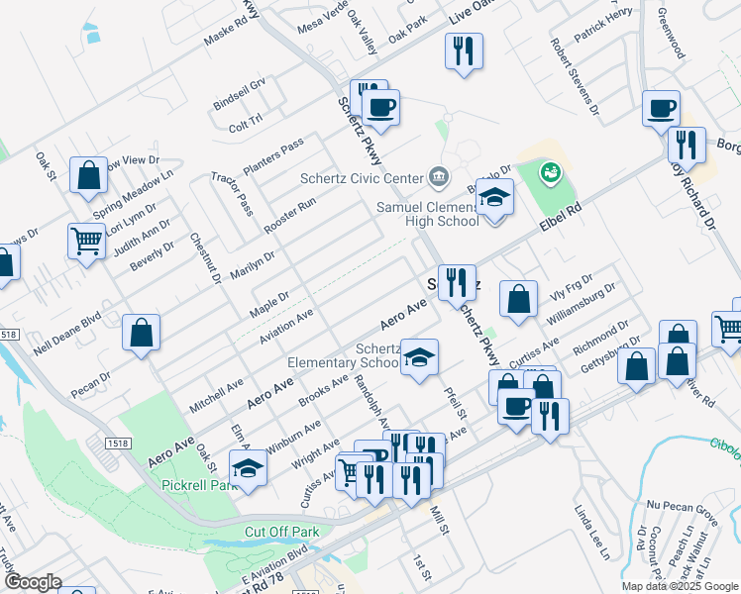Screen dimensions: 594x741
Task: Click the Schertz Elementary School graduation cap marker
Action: pos(420,357)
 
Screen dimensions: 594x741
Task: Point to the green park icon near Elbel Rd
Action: pos(549,174)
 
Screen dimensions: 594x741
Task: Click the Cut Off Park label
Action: pos(281,532)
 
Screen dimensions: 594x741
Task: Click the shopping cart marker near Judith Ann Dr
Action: pos(87,240)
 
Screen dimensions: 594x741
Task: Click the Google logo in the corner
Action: pos(33,582)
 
